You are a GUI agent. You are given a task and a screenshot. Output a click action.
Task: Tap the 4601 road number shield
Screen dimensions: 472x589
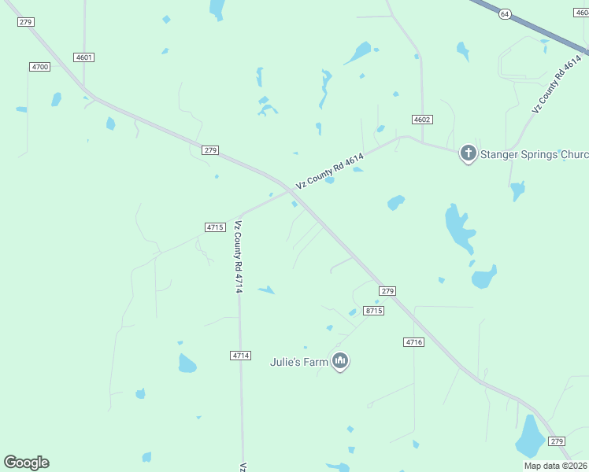84,57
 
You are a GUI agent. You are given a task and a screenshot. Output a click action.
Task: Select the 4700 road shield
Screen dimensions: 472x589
40,67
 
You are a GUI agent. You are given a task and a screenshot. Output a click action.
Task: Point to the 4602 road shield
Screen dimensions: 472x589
422,119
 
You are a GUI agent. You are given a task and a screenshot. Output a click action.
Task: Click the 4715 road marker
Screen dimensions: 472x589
215,227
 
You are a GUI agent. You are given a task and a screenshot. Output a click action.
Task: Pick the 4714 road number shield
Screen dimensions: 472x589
241,356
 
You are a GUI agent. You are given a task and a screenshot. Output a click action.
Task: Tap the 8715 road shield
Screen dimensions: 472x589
374,312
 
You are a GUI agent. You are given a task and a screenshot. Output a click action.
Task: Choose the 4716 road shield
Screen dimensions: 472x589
413,342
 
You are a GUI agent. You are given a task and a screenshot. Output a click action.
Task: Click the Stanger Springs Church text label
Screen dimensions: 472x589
535,154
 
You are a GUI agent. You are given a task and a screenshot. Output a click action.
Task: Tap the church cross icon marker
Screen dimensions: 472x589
469,153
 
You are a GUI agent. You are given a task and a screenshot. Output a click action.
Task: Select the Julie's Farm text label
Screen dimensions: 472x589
298,362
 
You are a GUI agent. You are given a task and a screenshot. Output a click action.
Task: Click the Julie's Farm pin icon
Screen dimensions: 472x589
340,361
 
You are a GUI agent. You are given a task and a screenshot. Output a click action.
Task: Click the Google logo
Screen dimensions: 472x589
26,463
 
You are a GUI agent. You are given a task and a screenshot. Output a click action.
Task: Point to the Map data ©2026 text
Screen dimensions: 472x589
555,466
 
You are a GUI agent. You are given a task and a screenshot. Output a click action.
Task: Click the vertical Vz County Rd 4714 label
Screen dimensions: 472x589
238,257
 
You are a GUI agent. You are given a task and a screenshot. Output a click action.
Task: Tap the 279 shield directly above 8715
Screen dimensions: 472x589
387,291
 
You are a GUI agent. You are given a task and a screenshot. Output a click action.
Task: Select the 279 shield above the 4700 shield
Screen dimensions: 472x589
25,22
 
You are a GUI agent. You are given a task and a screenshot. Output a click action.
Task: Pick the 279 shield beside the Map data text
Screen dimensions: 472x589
557,441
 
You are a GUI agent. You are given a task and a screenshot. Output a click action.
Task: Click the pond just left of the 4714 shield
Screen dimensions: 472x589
187,363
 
